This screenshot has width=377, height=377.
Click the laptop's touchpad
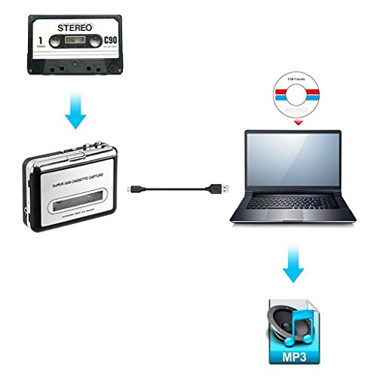click(x=291, y=225)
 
